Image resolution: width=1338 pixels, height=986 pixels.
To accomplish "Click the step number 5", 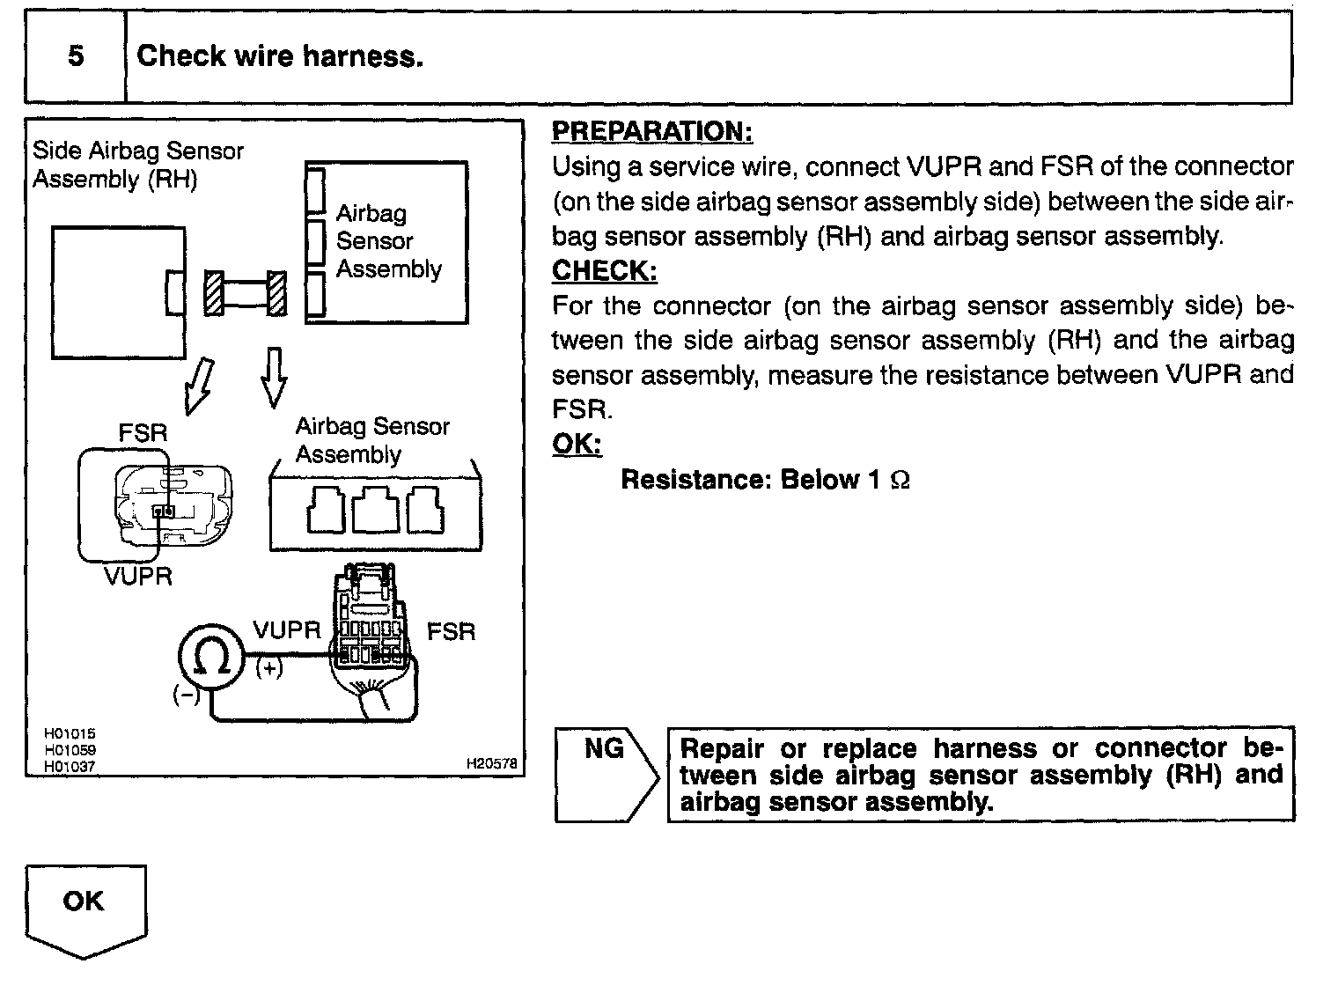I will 76,56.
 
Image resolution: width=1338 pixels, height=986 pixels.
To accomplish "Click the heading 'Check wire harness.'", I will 280,56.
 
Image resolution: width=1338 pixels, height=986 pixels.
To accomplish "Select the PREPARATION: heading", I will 651,131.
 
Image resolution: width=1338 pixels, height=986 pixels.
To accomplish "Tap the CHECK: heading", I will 604,270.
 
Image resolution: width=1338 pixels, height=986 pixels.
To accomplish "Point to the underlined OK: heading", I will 577,444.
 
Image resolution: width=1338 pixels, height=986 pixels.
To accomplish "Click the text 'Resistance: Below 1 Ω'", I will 765,480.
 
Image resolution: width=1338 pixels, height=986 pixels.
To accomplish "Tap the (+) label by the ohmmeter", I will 269,668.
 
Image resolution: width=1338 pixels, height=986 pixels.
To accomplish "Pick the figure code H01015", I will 70,733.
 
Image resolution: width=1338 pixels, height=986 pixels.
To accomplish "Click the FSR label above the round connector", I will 143,432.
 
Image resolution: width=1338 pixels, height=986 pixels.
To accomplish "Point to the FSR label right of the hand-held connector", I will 451,631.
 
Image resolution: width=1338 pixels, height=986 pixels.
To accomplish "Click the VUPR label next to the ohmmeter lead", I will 287,630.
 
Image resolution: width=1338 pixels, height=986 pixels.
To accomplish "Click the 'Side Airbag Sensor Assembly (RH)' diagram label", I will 137,165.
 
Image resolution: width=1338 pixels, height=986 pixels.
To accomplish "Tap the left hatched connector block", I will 214,292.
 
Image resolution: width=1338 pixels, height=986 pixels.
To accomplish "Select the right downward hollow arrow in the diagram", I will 274,376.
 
